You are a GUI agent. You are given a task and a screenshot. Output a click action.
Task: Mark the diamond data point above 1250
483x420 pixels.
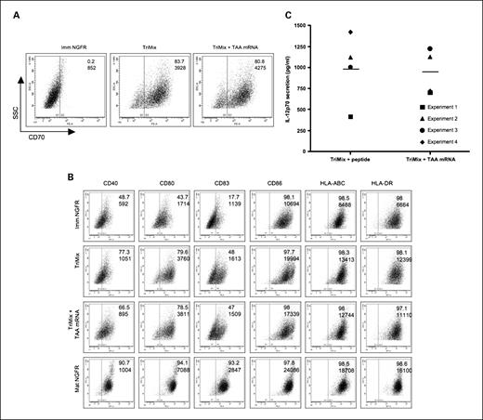(350, 33)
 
